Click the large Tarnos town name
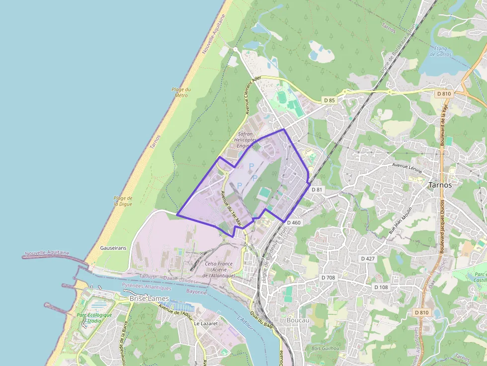tap(440, 184)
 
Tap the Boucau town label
tap(298, 320)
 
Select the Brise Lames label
tap(149, 298)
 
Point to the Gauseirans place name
tap(113, 247)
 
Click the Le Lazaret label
tap(204, 323)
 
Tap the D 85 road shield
tap(329, 100)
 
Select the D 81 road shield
tap(317, 190)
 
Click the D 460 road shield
tap(294, 223)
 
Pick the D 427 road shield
tap(368, 259)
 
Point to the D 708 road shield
tap(329, 277)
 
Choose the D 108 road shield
tap(381, 287)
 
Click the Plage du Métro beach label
tap(181, 92)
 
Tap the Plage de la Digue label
tap(123, 201)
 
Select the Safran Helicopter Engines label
tap(245, 140)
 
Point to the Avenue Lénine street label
tap(407, 167)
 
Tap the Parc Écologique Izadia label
tap(94, 318)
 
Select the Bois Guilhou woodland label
tap(325, 349)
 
